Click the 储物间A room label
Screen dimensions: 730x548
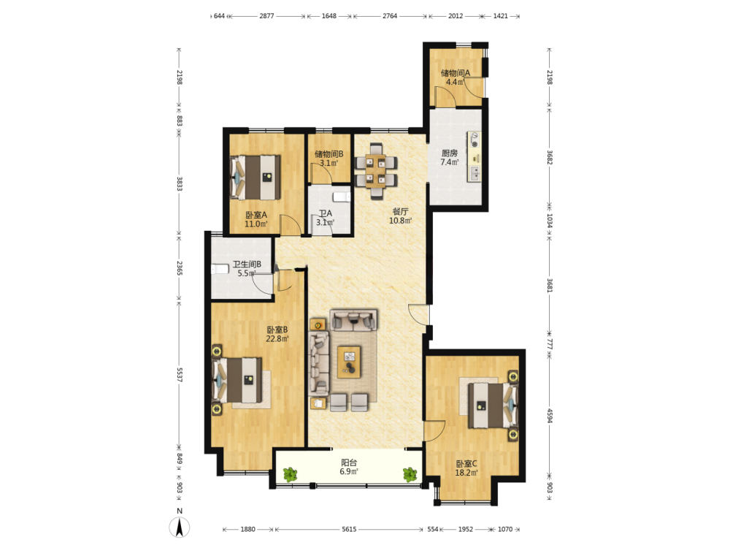coord(456,72)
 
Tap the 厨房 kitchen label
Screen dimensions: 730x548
coord(449,153)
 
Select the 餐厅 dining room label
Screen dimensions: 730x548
coord(400,211)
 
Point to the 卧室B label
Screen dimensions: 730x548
coord(277,330)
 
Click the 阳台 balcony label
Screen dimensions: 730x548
coord(349,463)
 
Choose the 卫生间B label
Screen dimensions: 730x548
coord(247,264)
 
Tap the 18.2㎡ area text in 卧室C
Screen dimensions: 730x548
coord(466,473)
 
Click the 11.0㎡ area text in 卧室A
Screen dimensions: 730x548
coord(256,224)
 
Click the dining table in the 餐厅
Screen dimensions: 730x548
coord(376,171)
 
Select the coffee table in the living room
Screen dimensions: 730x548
coord(349,362)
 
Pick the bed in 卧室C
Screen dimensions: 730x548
coord(493,405)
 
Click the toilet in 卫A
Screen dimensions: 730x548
coord(342,196)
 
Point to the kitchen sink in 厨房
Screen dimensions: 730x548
coord(474,173)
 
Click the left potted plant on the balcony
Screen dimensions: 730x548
coord(290,474)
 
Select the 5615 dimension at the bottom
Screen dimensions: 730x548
coord(349,529)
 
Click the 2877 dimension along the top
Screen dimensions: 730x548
coord(266,16)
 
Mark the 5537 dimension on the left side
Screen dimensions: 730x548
coord(180,375)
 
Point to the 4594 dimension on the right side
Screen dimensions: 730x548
coord(550,416)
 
